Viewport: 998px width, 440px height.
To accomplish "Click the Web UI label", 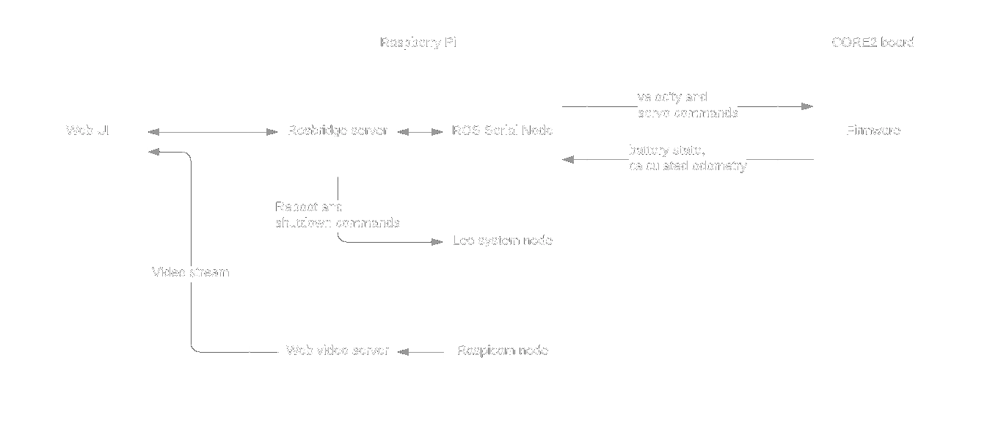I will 88,130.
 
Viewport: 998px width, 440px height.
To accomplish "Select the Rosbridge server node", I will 337,130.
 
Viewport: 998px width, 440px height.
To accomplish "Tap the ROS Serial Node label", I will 503,130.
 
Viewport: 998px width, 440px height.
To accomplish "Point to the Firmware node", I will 873,130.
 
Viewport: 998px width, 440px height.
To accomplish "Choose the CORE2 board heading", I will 873,42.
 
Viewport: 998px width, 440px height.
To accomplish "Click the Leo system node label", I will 503,240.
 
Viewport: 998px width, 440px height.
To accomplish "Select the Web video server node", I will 337,351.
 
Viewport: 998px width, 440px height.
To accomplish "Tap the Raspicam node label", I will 503,351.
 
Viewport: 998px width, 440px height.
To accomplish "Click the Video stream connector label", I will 191,273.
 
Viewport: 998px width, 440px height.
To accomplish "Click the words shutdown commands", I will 338,222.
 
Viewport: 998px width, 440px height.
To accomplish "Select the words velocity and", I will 671,97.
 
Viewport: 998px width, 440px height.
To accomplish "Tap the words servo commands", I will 687,112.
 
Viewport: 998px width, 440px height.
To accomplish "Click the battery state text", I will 666,150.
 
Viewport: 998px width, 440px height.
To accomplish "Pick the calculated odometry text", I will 688,166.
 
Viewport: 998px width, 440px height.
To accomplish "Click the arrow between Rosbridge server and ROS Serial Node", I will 420,132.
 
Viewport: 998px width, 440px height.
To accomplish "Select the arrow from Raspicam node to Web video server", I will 422,353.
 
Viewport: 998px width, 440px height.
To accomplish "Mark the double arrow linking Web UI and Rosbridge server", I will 213,132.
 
